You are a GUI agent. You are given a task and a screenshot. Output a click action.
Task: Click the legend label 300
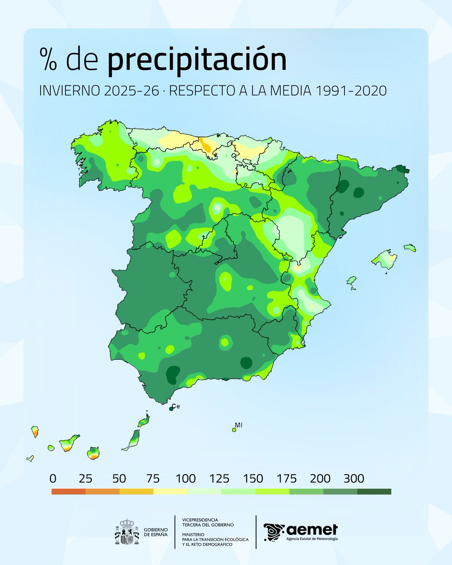click(x=354, y=479)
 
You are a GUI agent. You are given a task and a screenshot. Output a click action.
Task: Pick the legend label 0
click(x=52, y=479)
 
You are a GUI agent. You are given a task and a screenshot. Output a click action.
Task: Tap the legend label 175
click(x=287, y=479)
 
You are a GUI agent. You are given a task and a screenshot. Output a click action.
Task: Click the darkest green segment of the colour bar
click(x=374, y=492)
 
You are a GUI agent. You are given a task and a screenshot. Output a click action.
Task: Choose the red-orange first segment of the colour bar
click(x=69, y=492)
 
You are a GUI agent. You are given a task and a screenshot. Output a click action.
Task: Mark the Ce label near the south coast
click(x=176, y=406)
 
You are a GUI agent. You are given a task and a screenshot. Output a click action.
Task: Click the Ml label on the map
click(x=239, y=425)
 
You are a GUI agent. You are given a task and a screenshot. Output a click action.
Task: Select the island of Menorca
click(x=410, y=247)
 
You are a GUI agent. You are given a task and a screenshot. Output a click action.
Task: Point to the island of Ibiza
click(x=351, y=282)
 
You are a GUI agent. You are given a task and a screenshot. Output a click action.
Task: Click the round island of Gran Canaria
click(x=93, y=453)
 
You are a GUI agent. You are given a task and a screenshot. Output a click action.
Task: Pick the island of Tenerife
click(x=69, y=443)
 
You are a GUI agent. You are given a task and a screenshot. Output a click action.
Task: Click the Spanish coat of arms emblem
click(x=127, y=532)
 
